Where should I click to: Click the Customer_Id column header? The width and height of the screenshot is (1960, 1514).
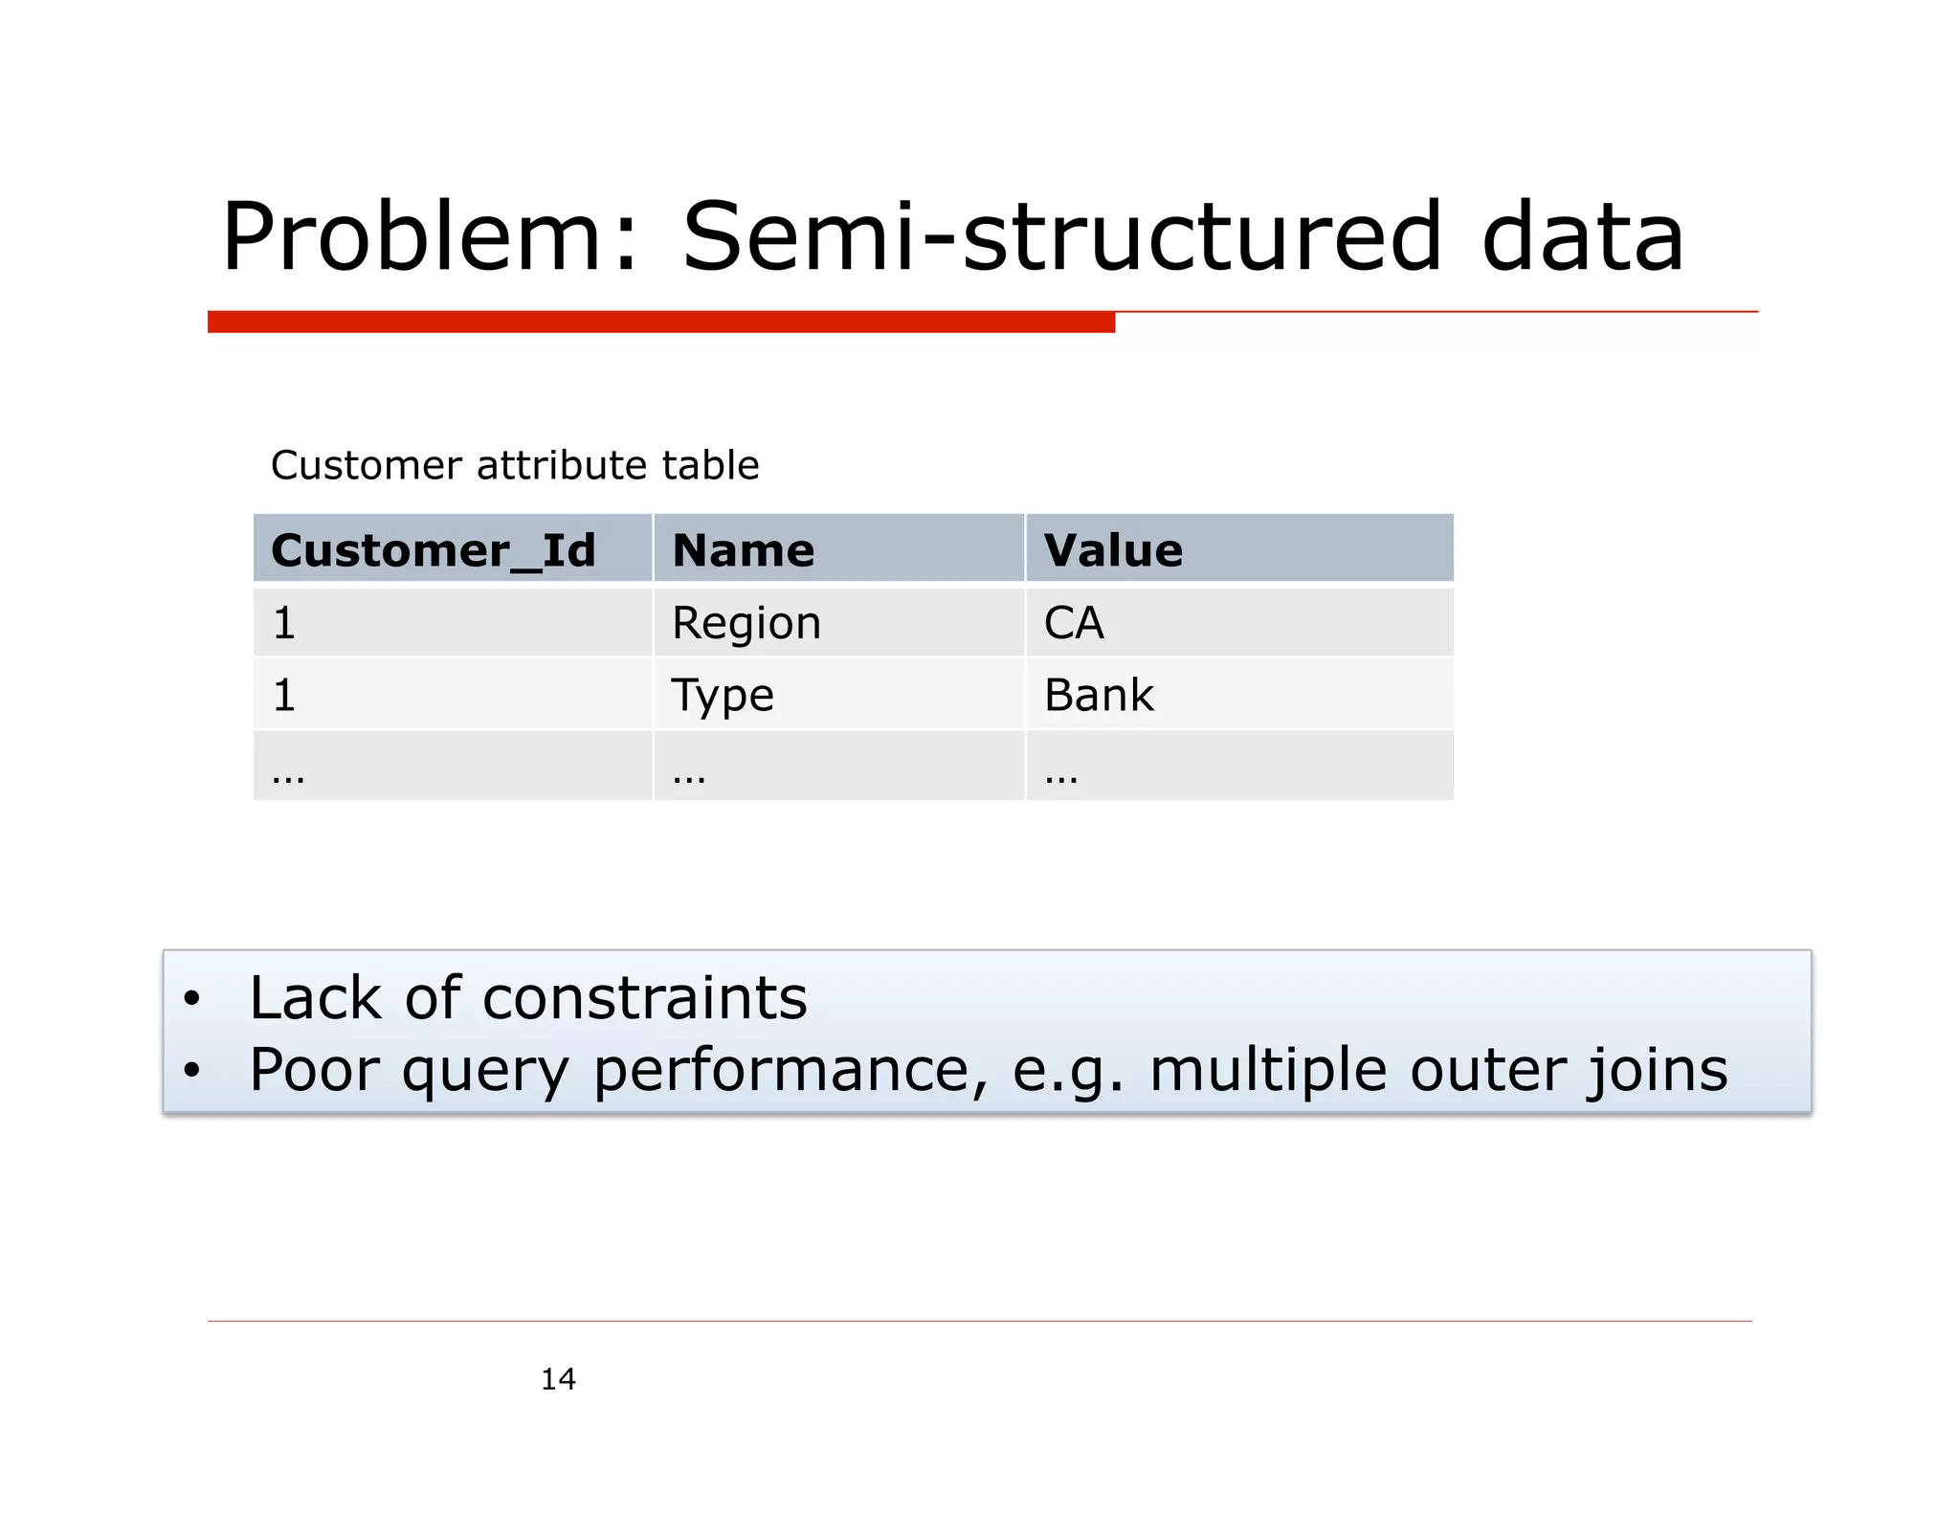pyautogui.click(x=434, y=550)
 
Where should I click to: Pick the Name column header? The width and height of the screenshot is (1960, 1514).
pyautogui.click(x=744, y=550)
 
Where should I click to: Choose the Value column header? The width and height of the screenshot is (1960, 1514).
pyautogui.click(x=1113, y=550)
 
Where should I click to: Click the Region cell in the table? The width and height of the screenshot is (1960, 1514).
pyautogui.click(x=746, y=623)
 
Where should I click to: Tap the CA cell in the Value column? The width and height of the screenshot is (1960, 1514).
pyautogui.click(x=1074, y=623)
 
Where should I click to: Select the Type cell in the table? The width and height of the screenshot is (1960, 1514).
pyautogui.click(x=723, y=695)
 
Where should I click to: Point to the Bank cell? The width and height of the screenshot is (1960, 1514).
pyautogui.click(x=1099, y=695)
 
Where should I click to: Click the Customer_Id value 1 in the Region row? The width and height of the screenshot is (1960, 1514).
pyautogui.click(x=284, y=623)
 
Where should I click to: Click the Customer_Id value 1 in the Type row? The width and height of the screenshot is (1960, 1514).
pyautogui.click(x=284, y=695)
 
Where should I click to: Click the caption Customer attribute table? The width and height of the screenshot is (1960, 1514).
pyautogui.click(x=515, y=465)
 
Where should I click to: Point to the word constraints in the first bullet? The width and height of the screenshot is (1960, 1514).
pyautogui.click(x=645, y=998)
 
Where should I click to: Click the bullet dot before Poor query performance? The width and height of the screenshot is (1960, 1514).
pyautogui.click(x=192, y=1070)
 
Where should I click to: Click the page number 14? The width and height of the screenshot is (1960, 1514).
pyautogui.click(x=558, y=1379)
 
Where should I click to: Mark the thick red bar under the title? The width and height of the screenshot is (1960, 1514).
pyautogui.click(x=660, y=322)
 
